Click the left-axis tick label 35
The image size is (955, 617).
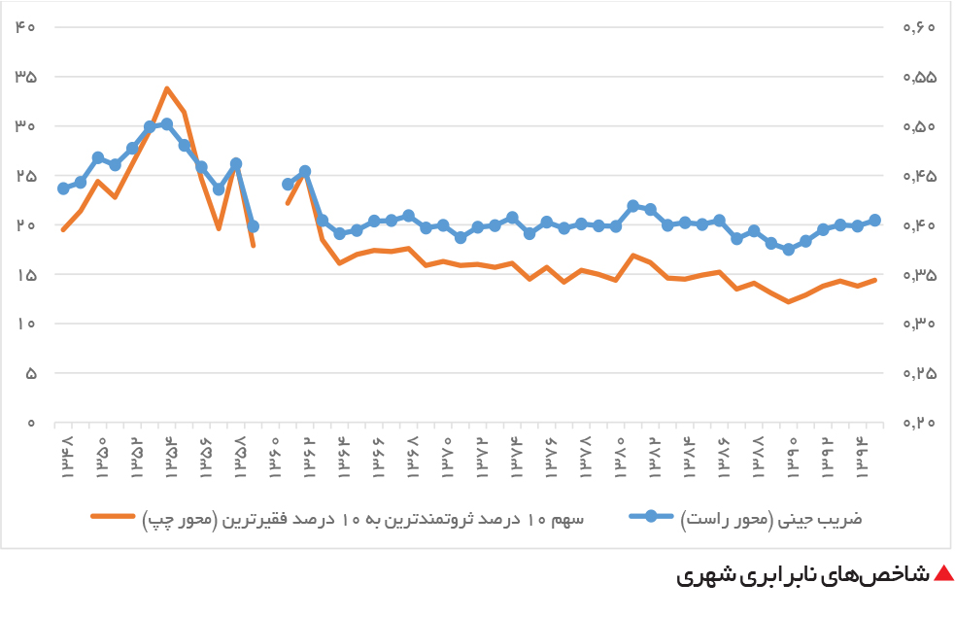tap(25, 77)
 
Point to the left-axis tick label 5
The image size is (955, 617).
tap(31, 373)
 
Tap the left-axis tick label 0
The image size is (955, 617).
tap(31, 423)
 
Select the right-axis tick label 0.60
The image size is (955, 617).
tap(919, 27)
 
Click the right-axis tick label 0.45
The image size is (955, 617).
tap(919, 176)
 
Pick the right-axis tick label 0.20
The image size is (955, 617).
tap(919, 423)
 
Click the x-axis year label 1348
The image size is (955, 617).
tap(67, 457)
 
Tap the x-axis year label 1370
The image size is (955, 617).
tap(447, 457)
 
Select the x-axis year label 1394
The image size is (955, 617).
tap(862, 457)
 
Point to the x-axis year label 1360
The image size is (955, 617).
tap(275, 457)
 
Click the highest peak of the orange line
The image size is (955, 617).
tap(167, 88)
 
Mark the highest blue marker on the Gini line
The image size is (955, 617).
tap(167, 124)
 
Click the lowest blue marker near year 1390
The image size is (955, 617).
tap(789, 249)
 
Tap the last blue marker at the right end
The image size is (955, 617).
tap(875, 221)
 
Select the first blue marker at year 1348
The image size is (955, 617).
tap(63, 189)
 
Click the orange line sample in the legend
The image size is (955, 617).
tap(114, 517)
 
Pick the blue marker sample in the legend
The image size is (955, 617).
tap(651, 517)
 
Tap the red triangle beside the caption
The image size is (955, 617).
tap(943, 573)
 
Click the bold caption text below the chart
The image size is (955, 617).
tap(803, 575)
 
